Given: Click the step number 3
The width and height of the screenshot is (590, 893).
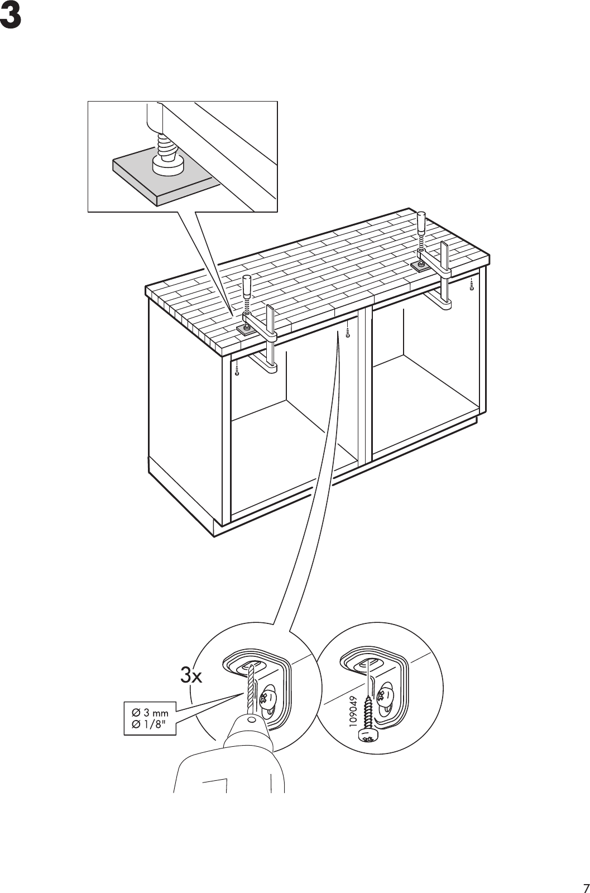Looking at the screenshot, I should coord(11,18).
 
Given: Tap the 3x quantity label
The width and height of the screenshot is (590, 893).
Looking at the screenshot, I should coord(191,676).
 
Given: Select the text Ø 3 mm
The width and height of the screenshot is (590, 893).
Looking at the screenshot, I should coord(150,713).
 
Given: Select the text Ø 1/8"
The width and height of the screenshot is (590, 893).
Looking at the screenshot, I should coord(150,726).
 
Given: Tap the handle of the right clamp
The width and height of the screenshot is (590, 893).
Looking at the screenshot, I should coord(421,223).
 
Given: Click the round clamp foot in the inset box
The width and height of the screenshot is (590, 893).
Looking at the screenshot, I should coord(167,165).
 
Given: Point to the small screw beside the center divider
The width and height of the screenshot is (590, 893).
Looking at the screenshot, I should coord(348,333).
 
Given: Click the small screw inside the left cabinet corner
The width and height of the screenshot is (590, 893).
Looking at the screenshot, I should coord(238,370).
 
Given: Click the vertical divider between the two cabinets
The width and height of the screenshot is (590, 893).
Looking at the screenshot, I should coord(365,385).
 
